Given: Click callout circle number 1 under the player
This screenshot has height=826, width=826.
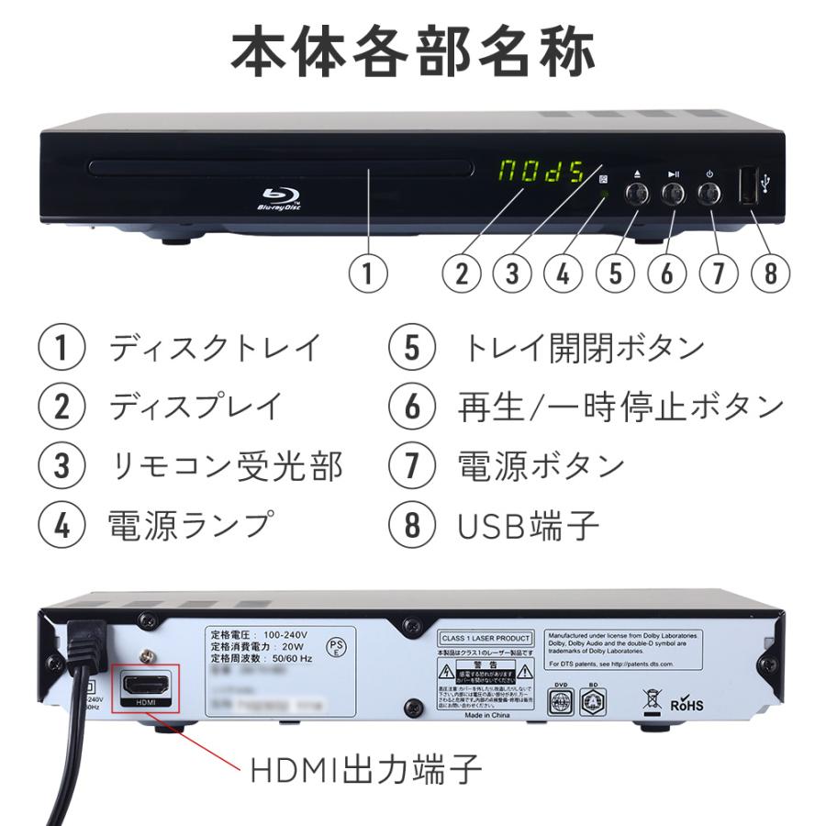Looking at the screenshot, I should click(x=367, y=273).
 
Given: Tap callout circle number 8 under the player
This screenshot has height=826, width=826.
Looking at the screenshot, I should click(x=769, y=273).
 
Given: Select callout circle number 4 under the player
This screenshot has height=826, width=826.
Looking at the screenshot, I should click(x=564, y=273).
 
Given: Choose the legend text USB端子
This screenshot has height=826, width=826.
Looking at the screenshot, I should click(x=528, y=525).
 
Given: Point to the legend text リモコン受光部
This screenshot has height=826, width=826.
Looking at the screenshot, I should click(x=226, y=466).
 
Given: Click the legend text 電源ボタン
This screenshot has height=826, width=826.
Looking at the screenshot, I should click(x=541, y=466).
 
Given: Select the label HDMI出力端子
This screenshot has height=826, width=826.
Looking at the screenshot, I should click(x=365, y=769).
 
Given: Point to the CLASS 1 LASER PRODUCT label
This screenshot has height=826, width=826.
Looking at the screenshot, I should click(x=486, y=638).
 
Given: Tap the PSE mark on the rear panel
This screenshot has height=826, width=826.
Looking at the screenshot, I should click(x=338, y=647).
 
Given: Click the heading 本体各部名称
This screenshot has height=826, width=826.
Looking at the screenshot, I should click(x=413, y=52).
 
